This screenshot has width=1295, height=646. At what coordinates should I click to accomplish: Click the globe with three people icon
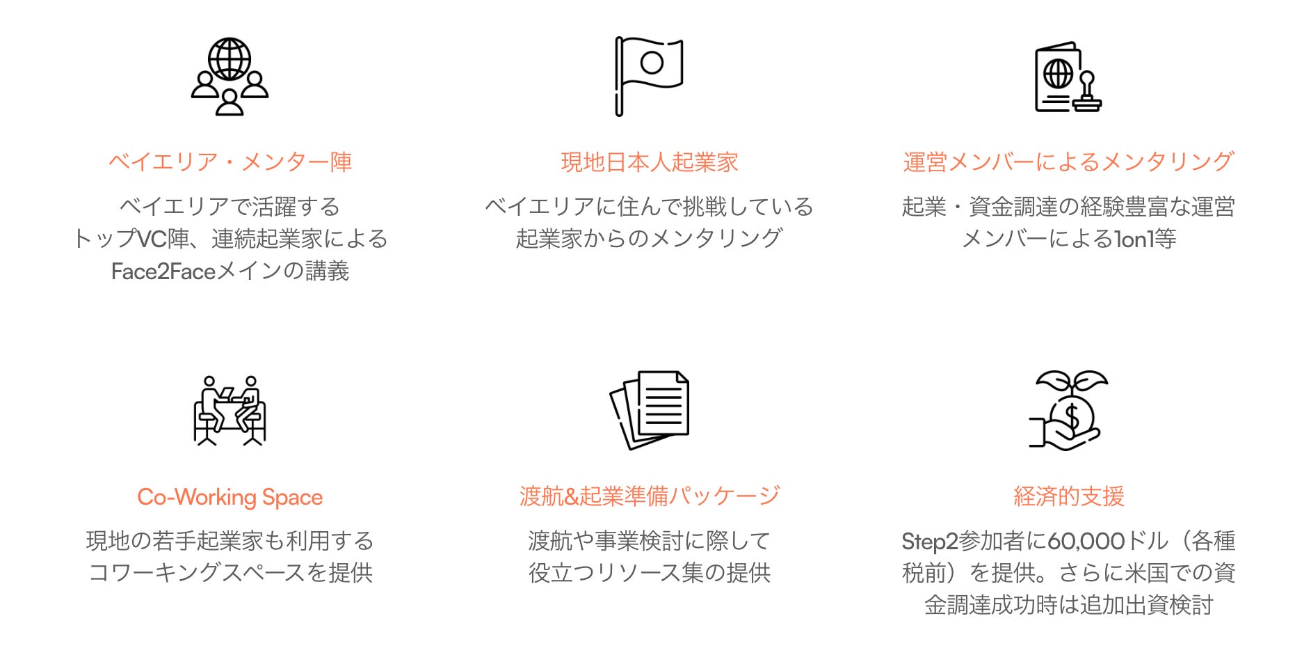pos(230,77)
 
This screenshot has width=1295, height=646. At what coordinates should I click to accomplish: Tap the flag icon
pos(648,75)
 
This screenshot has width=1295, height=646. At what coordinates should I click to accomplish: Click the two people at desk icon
pos(230,411)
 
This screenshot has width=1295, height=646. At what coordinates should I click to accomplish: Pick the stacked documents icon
pos(650,409)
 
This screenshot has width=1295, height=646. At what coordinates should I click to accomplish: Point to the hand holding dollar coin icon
pos(1068,411)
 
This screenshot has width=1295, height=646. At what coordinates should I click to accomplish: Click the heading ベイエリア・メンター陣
pos(230,162)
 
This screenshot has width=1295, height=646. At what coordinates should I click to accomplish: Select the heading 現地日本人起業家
pos(649,162)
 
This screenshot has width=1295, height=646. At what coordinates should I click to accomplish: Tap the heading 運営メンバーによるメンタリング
pos(1068,162)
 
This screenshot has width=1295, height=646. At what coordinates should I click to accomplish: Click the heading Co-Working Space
pos(230,497)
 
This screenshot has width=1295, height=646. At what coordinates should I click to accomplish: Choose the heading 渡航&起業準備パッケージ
pos(649,496)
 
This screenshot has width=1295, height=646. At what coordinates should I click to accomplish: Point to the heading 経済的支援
pos(1068,496)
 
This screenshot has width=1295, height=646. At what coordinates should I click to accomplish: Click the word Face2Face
pos(163,271)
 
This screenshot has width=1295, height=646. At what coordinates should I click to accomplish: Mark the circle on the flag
pos(652,63)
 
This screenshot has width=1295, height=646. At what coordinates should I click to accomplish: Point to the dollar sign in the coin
pos(1072,417)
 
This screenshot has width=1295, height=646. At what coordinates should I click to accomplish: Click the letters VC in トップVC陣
pos(152,239)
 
